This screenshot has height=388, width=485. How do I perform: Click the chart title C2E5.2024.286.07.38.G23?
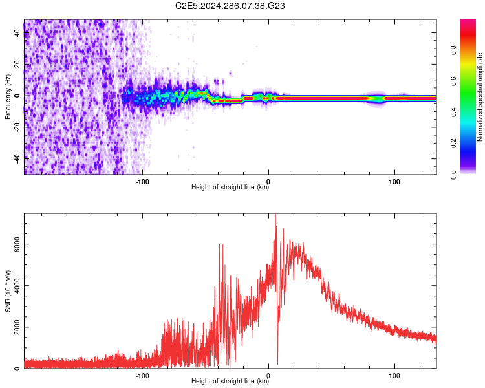point(230,6)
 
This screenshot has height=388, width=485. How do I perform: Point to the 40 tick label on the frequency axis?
point(17,32)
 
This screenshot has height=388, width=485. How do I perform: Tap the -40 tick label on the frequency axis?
point(17,158)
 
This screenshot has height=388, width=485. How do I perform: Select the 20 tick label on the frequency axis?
point(17,64)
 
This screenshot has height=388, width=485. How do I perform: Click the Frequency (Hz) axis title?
point(8,96)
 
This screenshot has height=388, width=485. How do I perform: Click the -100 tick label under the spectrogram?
point(142,182)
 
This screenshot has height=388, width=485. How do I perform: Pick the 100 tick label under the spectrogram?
point(394,182)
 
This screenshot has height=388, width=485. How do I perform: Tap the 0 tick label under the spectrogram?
point(268,182)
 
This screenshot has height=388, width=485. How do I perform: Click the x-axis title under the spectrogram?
point(230,187)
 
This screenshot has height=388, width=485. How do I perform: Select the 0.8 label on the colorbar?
point(453,50)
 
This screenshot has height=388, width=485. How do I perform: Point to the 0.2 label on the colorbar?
point(453,144)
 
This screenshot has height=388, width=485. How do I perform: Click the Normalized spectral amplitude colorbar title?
point(480,96)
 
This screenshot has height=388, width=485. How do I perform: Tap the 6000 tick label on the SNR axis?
point(17,244)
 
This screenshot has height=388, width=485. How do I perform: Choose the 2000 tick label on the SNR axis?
point(17,327)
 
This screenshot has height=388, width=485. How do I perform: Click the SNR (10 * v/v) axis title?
point(8,291)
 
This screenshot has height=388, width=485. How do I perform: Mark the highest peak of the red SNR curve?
point(275,215)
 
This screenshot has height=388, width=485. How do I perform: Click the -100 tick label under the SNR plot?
point(142,376)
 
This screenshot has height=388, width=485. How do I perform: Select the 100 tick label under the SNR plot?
point(394,376)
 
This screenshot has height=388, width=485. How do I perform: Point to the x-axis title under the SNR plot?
point(230,381)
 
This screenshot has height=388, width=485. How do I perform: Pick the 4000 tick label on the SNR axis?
point(17,286)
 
